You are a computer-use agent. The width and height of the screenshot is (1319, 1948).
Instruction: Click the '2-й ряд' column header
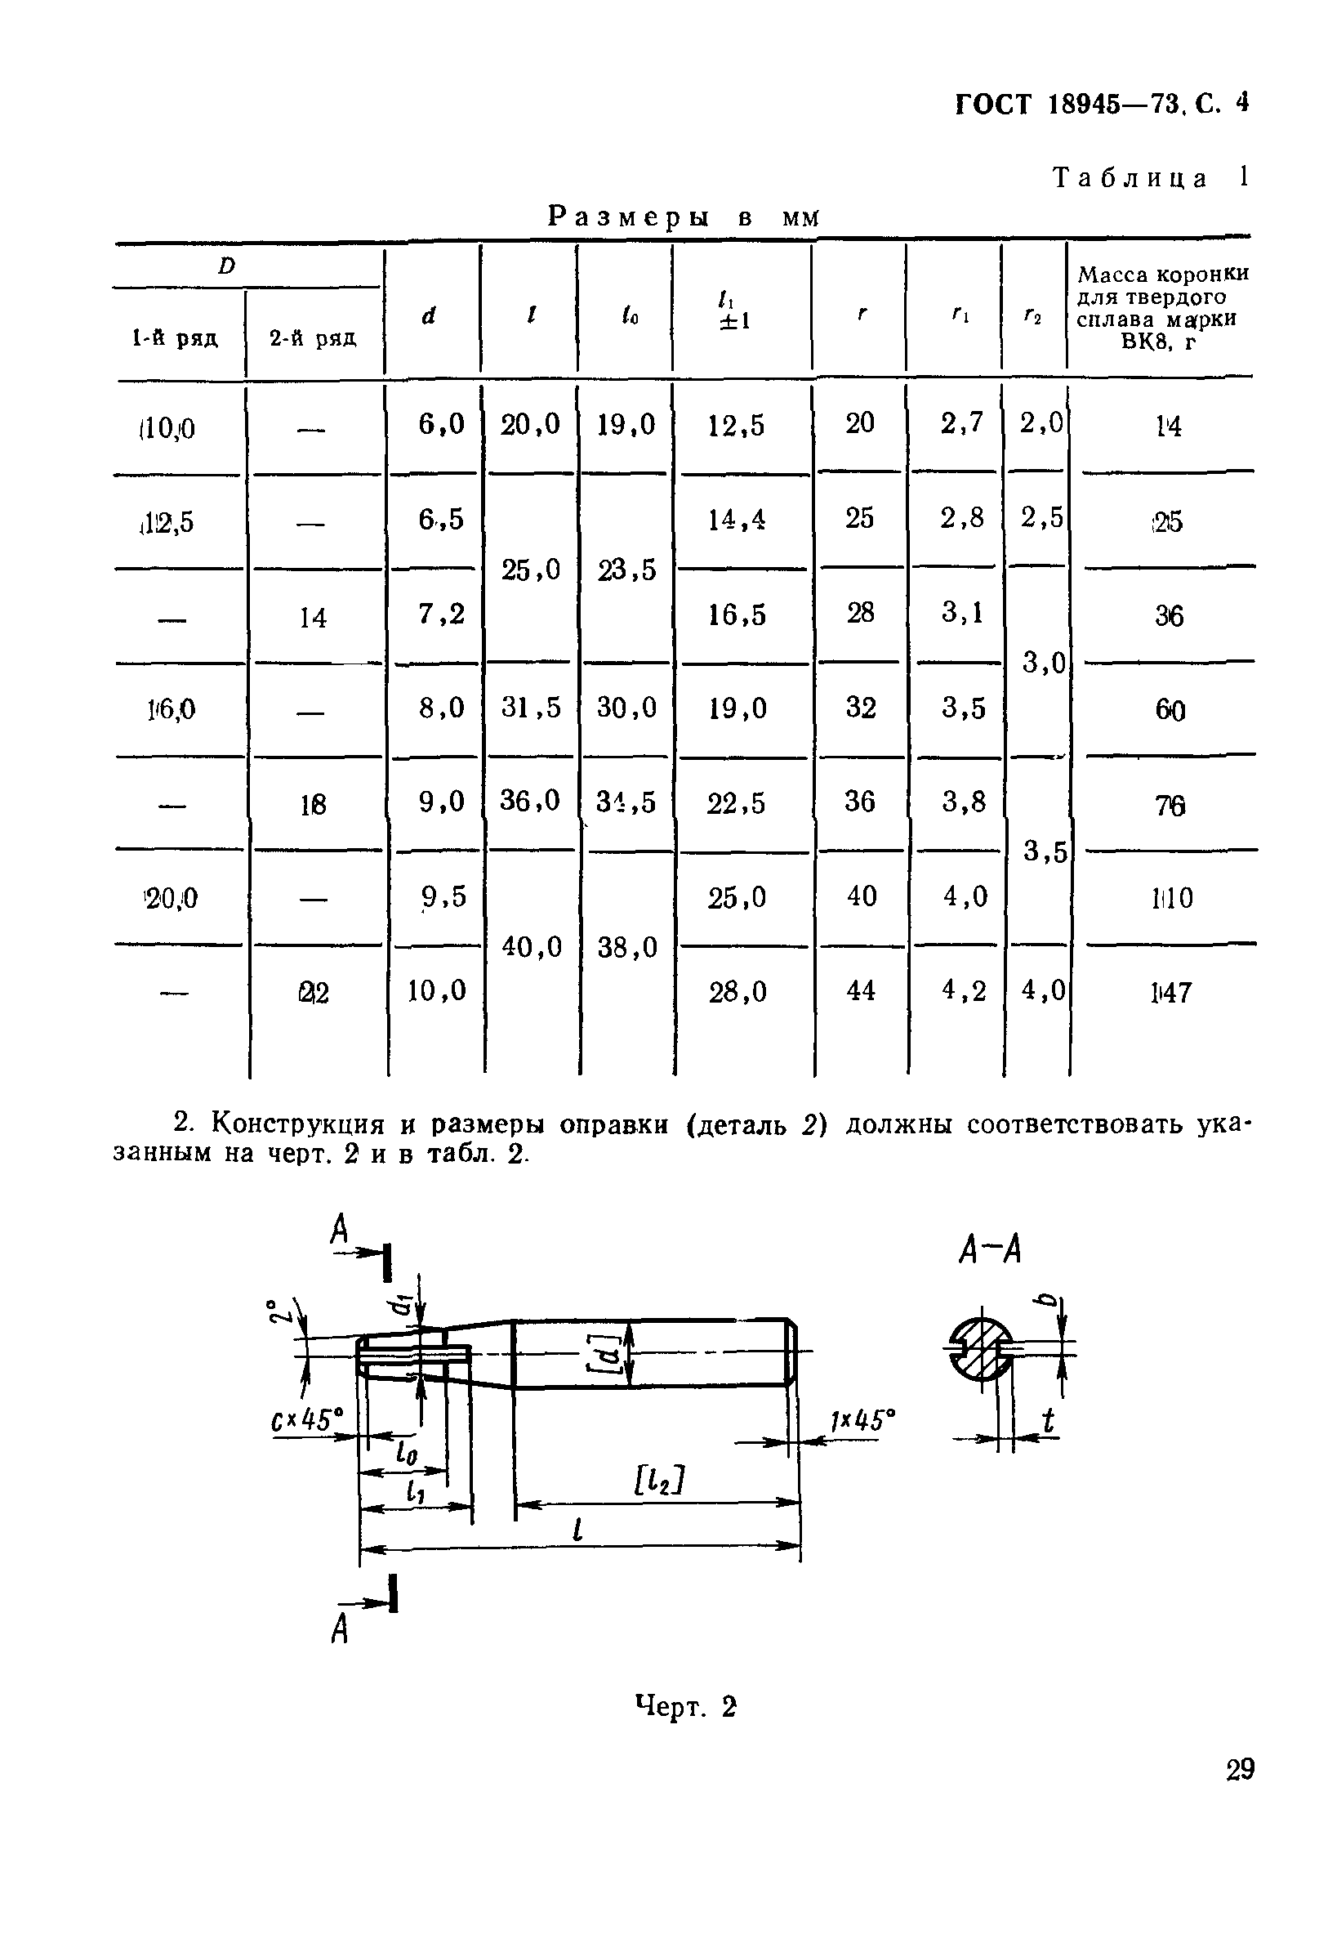coord(313,337)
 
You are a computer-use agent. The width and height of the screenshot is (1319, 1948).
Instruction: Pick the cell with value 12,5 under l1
coord(736,426)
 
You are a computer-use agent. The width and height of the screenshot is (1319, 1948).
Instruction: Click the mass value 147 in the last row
coord(1170,993)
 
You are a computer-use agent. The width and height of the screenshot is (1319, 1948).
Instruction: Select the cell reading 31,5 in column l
coord(530,708)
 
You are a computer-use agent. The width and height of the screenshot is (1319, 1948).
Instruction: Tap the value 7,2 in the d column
coord(442,614)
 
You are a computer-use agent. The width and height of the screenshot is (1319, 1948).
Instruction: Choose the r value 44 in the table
coord(861,991)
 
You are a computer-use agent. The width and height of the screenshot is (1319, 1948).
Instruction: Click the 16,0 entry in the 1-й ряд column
coord(171,710)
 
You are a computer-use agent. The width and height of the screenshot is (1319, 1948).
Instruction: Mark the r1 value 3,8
coord(964,802)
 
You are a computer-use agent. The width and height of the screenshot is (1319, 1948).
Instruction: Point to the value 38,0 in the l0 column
coord(626,947)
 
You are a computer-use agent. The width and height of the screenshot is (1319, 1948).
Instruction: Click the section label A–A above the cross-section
coord(990,1252)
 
